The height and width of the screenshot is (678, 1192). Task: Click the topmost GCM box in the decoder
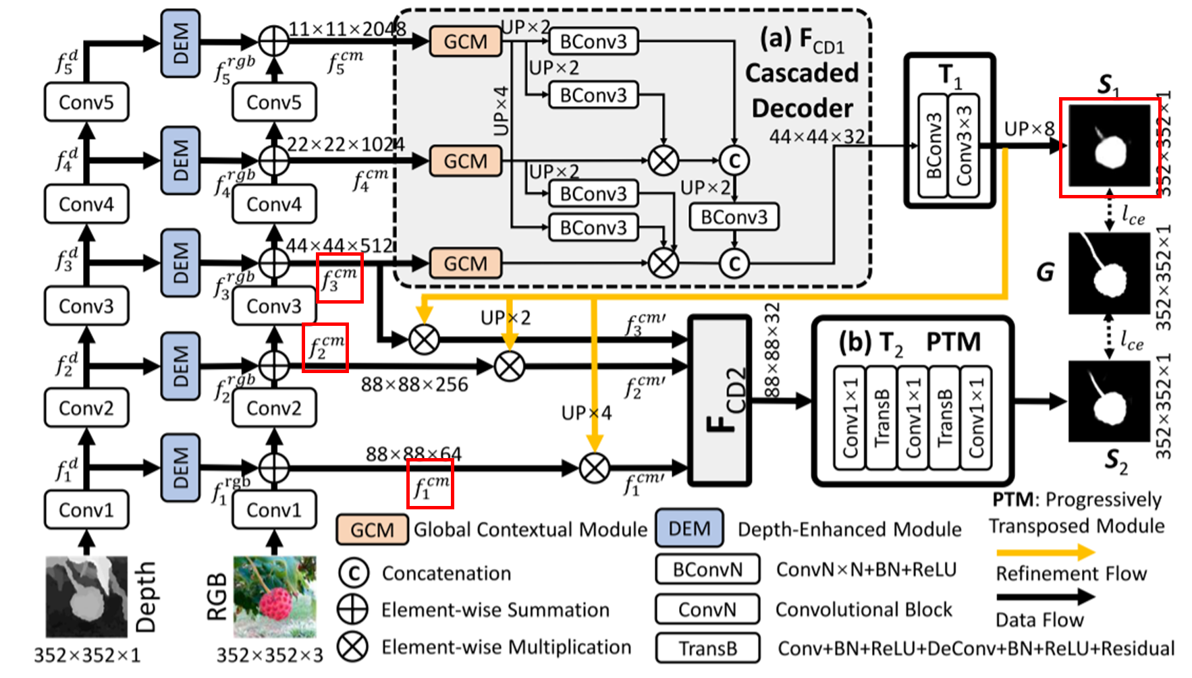pos(465,42)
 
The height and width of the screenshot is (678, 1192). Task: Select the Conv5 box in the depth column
pos(86,103)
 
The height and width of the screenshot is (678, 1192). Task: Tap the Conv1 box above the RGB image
pos(274,510)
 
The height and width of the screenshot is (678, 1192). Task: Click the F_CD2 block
pos(720,401)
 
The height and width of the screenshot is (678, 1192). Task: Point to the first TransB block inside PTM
pos(882,418)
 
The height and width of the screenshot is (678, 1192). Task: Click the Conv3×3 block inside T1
pos(964,146)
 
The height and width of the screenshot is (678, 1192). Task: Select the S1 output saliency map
pos(1109,146)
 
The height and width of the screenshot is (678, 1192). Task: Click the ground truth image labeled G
pos(1109,273)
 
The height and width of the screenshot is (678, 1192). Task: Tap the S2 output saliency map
pos(1109,401)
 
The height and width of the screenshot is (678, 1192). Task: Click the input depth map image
pos(86,596)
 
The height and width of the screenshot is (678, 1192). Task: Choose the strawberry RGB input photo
pos(274,596)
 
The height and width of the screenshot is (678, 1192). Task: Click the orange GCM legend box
pos(372,530)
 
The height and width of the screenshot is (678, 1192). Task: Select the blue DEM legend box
pos(689,528)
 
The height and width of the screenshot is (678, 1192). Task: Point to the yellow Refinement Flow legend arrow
pos(1045,553)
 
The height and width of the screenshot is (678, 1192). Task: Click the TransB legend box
pos(707,648)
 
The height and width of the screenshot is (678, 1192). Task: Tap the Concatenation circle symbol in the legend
pos(353,573)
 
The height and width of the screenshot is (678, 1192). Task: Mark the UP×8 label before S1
pos(1029,129)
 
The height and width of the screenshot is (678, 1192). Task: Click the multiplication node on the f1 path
pos(595,468)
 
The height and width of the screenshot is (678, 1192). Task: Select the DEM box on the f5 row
pos(180,43)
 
